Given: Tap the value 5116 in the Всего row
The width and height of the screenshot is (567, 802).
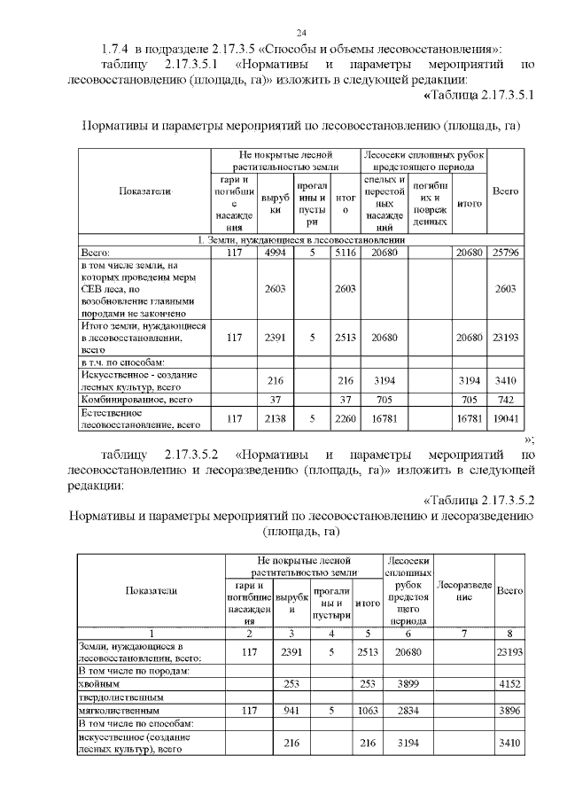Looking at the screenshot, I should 346,251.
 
